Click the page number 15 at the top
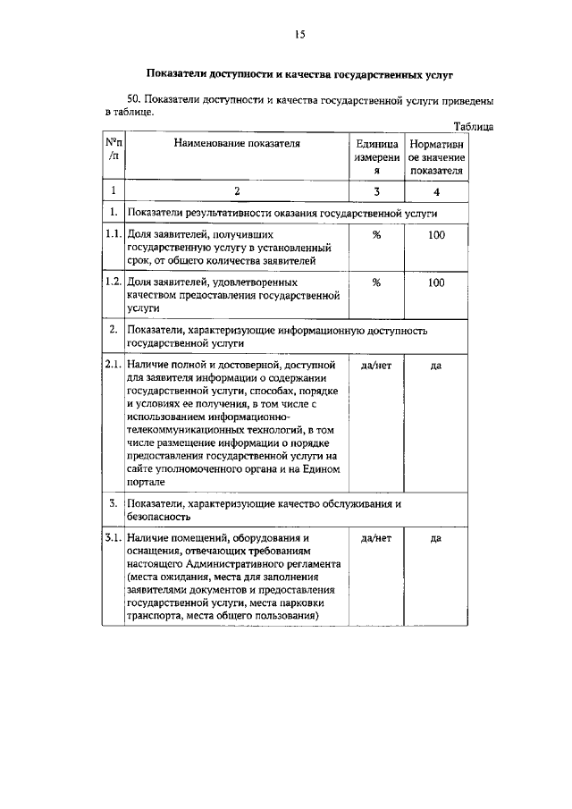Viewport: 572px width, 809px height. click(299, 34)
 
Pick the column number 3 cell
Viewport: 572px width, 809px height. click(376, 191)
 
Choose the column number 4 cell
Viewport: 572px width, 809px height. click(436, 191)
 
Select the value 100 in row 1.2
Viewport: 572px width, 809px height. click(436, 282)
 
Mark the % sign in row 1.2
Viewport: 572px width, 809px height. click(376, 282)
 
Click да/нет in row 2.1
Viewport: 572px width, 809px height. click(376, 366)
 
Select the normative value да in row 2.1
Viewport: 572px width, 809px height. click(436, 366)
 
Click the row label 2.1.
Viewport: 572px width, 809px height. click(113, 366)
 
